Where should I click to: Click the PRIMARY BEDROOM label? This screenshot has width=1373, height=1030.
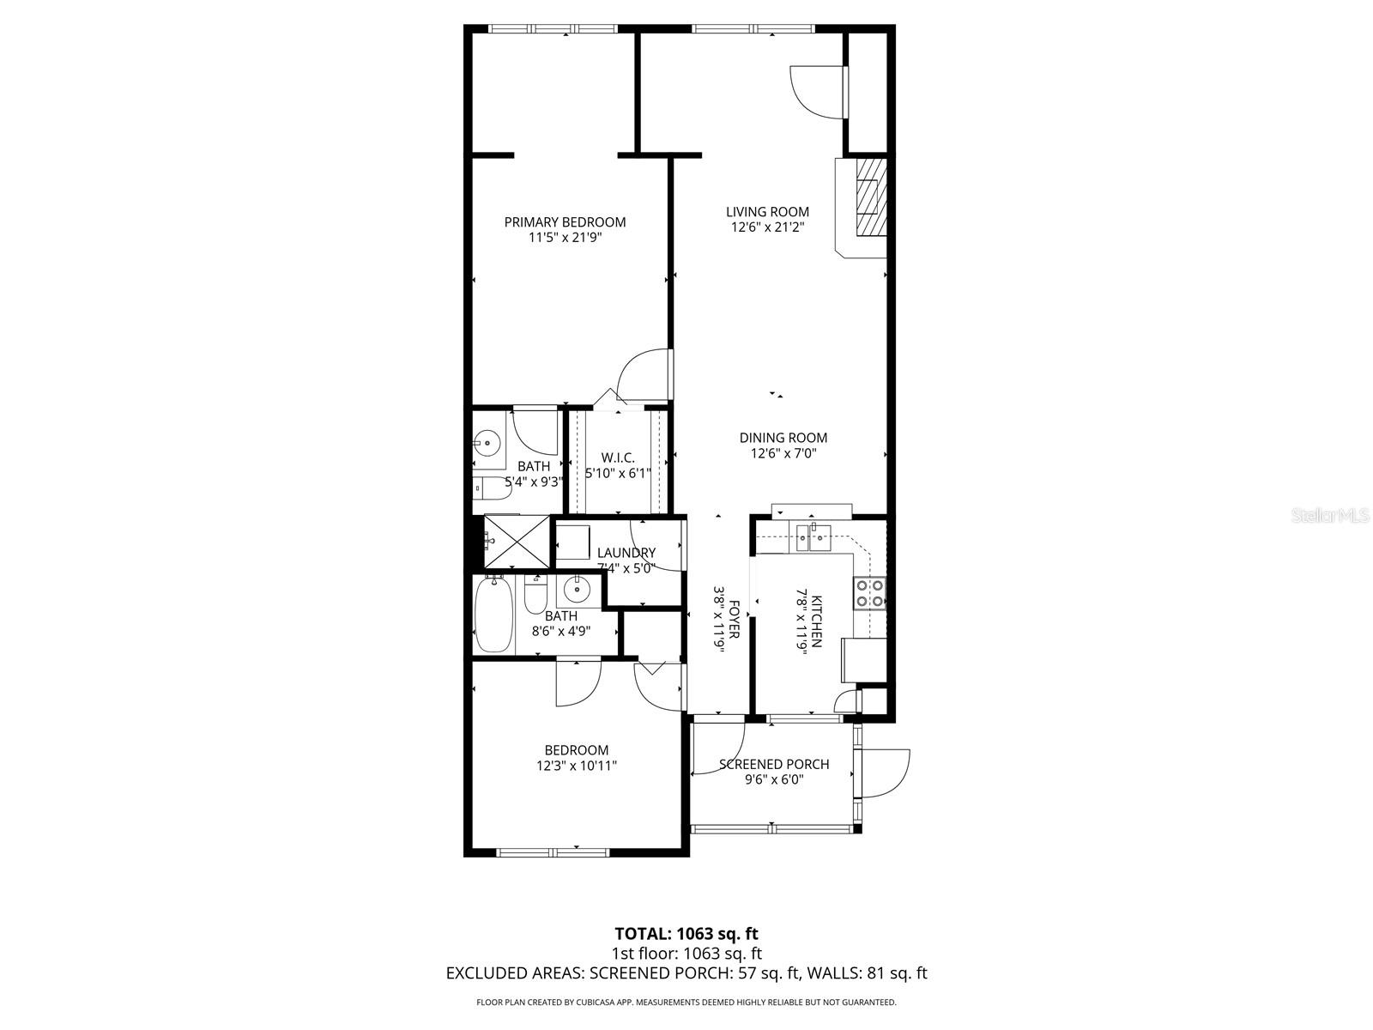tap(565, 221)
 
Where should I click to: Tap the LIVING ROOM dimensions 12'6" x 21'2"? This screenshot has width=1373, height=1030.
tap(767, 227)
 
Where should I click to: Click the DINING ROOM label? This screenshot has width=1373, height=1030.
tap(783, 438)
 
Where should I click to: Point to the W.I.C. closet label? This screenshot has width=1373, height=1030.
tap(618, 457)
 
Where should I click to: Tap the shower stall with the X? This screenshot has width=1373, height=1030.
tap(517, 542)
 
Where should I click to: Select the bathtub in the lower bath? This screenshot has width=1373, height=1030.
tap(494, 615)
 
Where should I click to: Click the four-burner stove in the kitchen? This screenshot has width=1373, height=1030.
tap(869, 593)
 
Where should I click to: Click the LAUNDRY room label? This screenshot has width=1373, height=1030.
tap(626, 553)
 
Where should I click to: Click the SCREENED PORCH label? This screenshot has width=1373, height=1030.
tap(774, 764)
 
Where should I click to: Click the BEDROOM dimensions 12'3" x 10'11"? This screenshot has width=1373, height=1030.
tap(572, 766)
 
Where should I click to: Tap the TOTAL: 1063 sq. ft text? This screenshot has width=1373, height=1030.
tap(686, 933)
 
